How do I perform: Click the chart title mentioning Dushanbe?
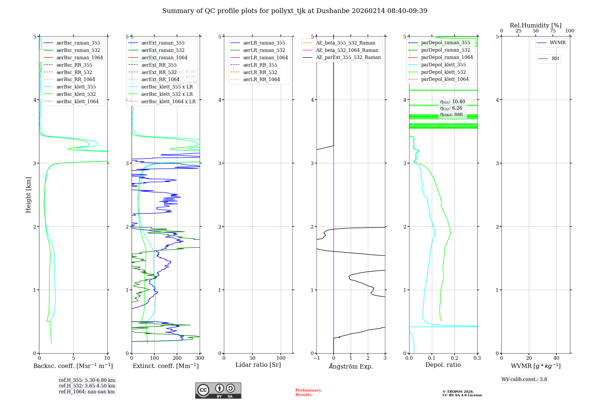[x=295, y=11]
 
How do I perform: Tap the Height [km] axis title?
[x=28, y=195]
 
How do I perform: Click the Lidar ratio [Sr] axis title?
[x=258, y=365]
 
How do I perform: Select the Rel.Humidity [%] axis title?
[x=535, y=25]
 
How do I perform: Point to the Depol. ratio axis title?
[x=443, y=365]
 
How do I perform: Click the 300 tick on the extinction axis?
[x=200, y=358]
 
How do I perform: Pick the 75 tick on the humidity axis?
[x=553, y=31]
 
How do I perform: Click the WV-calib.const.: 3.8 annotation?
[x=524, y=379]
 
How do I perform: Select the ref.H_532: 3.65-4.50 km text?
[x=87, y=386]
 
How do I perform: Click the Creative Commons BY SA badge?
[x=218, y=390]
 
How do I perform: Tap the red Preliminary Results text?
[x=308, y=392]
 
